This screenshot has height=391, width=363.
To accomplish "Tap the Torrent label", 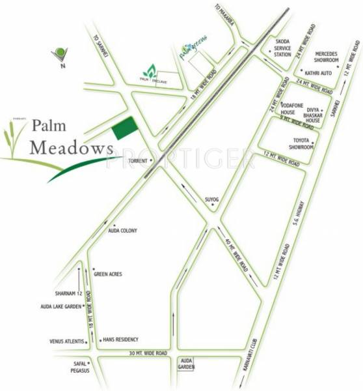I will [136, 159].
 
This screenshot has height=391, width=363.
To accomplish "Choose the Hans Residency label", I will [120, 340].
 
